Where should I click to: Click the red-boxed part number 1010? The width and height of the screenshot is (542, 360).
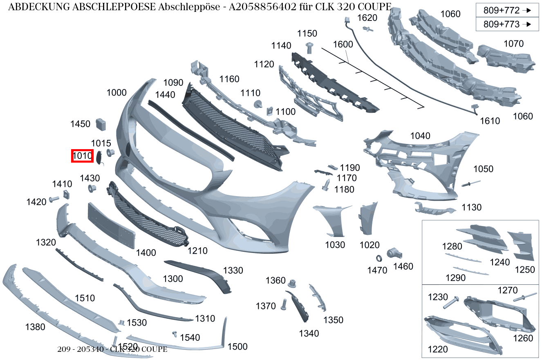pos(82,156)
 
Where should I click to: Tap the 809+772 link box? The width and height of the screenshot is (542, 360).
pos(507,10)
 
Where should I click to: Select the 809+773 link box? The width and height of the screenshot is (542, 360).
pos(507,24)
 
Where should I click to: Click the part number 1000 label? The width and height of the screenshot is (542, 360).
pos(116,92)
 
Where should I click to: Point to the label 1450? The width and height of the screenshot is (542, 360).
pos(81,124)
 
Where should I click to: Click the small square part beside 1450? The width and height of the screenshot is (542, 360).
pos(101,124)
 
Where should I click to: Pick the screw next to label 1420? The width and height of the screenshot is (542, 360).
pos(54,199)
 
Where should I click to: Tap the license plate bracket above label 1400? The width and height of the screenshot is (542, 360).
pos(111,226)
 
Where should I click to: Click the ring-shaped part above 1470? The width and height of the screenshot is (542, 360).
pos(379,259)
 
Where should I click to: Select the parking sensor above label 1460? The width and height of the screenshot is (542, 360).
pos(394,253)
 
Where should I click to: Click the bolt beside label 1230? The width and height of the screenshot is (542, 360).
pos(451,302)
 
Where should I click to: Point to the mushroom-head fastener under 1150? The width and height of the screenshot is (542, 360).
pos(309,48)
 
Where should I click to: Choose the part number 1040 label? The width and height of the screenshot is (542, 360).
pos(420,136)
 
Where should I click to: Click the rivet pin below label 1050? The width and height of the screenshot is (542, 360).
pos(471,183)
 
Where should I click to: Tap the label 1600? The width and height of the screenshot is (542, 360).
pos(343,44)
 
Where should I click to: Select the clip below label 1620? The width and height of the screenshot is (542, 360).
pos(368,29)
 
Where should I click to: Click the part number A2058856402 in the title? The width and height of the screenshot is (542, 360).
pos(262,7)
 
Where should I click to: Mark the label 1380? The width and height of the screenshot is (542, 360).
pos(35,327)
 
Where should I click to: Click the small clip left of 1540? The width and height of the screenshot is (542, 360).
pos(175,334)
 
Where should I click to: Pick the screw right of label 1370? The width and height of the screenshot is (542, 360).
pos(284,304)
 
